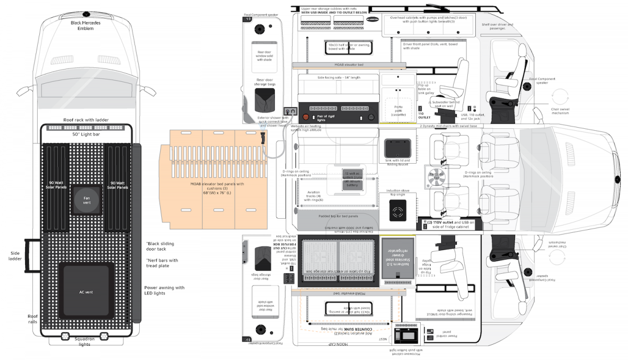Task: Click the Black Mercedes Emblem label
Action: [x=85, y=26]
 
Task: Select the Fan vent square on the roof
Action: [x=86, y=199]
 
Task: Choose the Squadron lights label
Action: [x=84, y=341]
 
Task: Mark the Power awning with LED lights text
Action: [x=164, y=290]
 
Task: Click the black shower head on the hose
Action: [x=262, y=139]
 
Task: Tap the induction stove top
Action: [x=397, y=212]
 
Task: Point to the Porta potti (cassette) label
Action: [x=398, y=111]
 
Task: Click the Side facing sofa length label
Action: [x=339, y=77]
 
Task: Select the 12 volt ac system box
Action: [x=351, y=178]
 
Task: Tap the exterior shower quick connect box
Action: [x=290, y=111]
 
